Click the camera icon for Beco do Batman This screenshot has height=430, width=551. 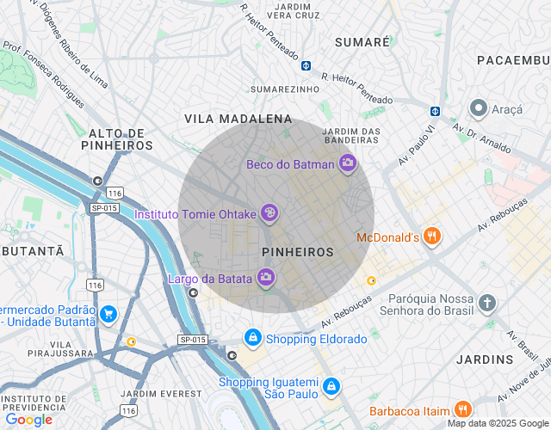[x=347, y=163]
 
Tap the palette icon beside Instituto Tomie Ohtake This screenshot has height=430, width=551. [x=269, y=212]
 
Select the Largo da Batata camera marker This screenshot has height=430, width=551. [x=266, y=277]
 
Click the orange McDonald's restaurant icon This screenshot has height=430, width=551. [x=432, y=236]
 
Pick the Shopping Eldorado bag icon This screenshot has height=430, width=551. [x=252, y=339]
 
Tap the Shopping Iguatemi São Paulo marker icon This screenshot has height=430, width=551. [x=331, y=388]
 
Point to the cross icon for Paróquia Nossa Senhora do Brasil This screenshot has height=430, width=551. [x=487, y=303]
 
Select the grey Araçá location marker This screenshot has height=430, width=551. [x=478, y=109]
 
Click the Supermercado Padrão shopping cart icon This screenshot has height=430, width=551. [x=108, y=315]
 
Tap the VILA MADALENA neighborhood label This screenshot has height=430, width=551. [x=238, y=119]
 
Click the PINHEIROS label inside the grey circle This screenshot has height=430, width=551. [x=297, y=252]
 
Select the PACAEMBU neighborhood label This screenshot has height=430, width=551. [x=513, y=59]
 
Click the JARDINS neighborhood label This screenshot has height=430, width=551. [x=486, y=358]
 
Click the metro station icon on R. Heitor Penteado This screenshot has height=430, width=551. [x=306, y=66]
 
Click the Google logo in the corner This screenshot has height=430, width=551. [x=28, y=420]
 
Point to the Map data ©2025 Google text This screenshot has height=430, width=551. [x=498, y=423]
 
